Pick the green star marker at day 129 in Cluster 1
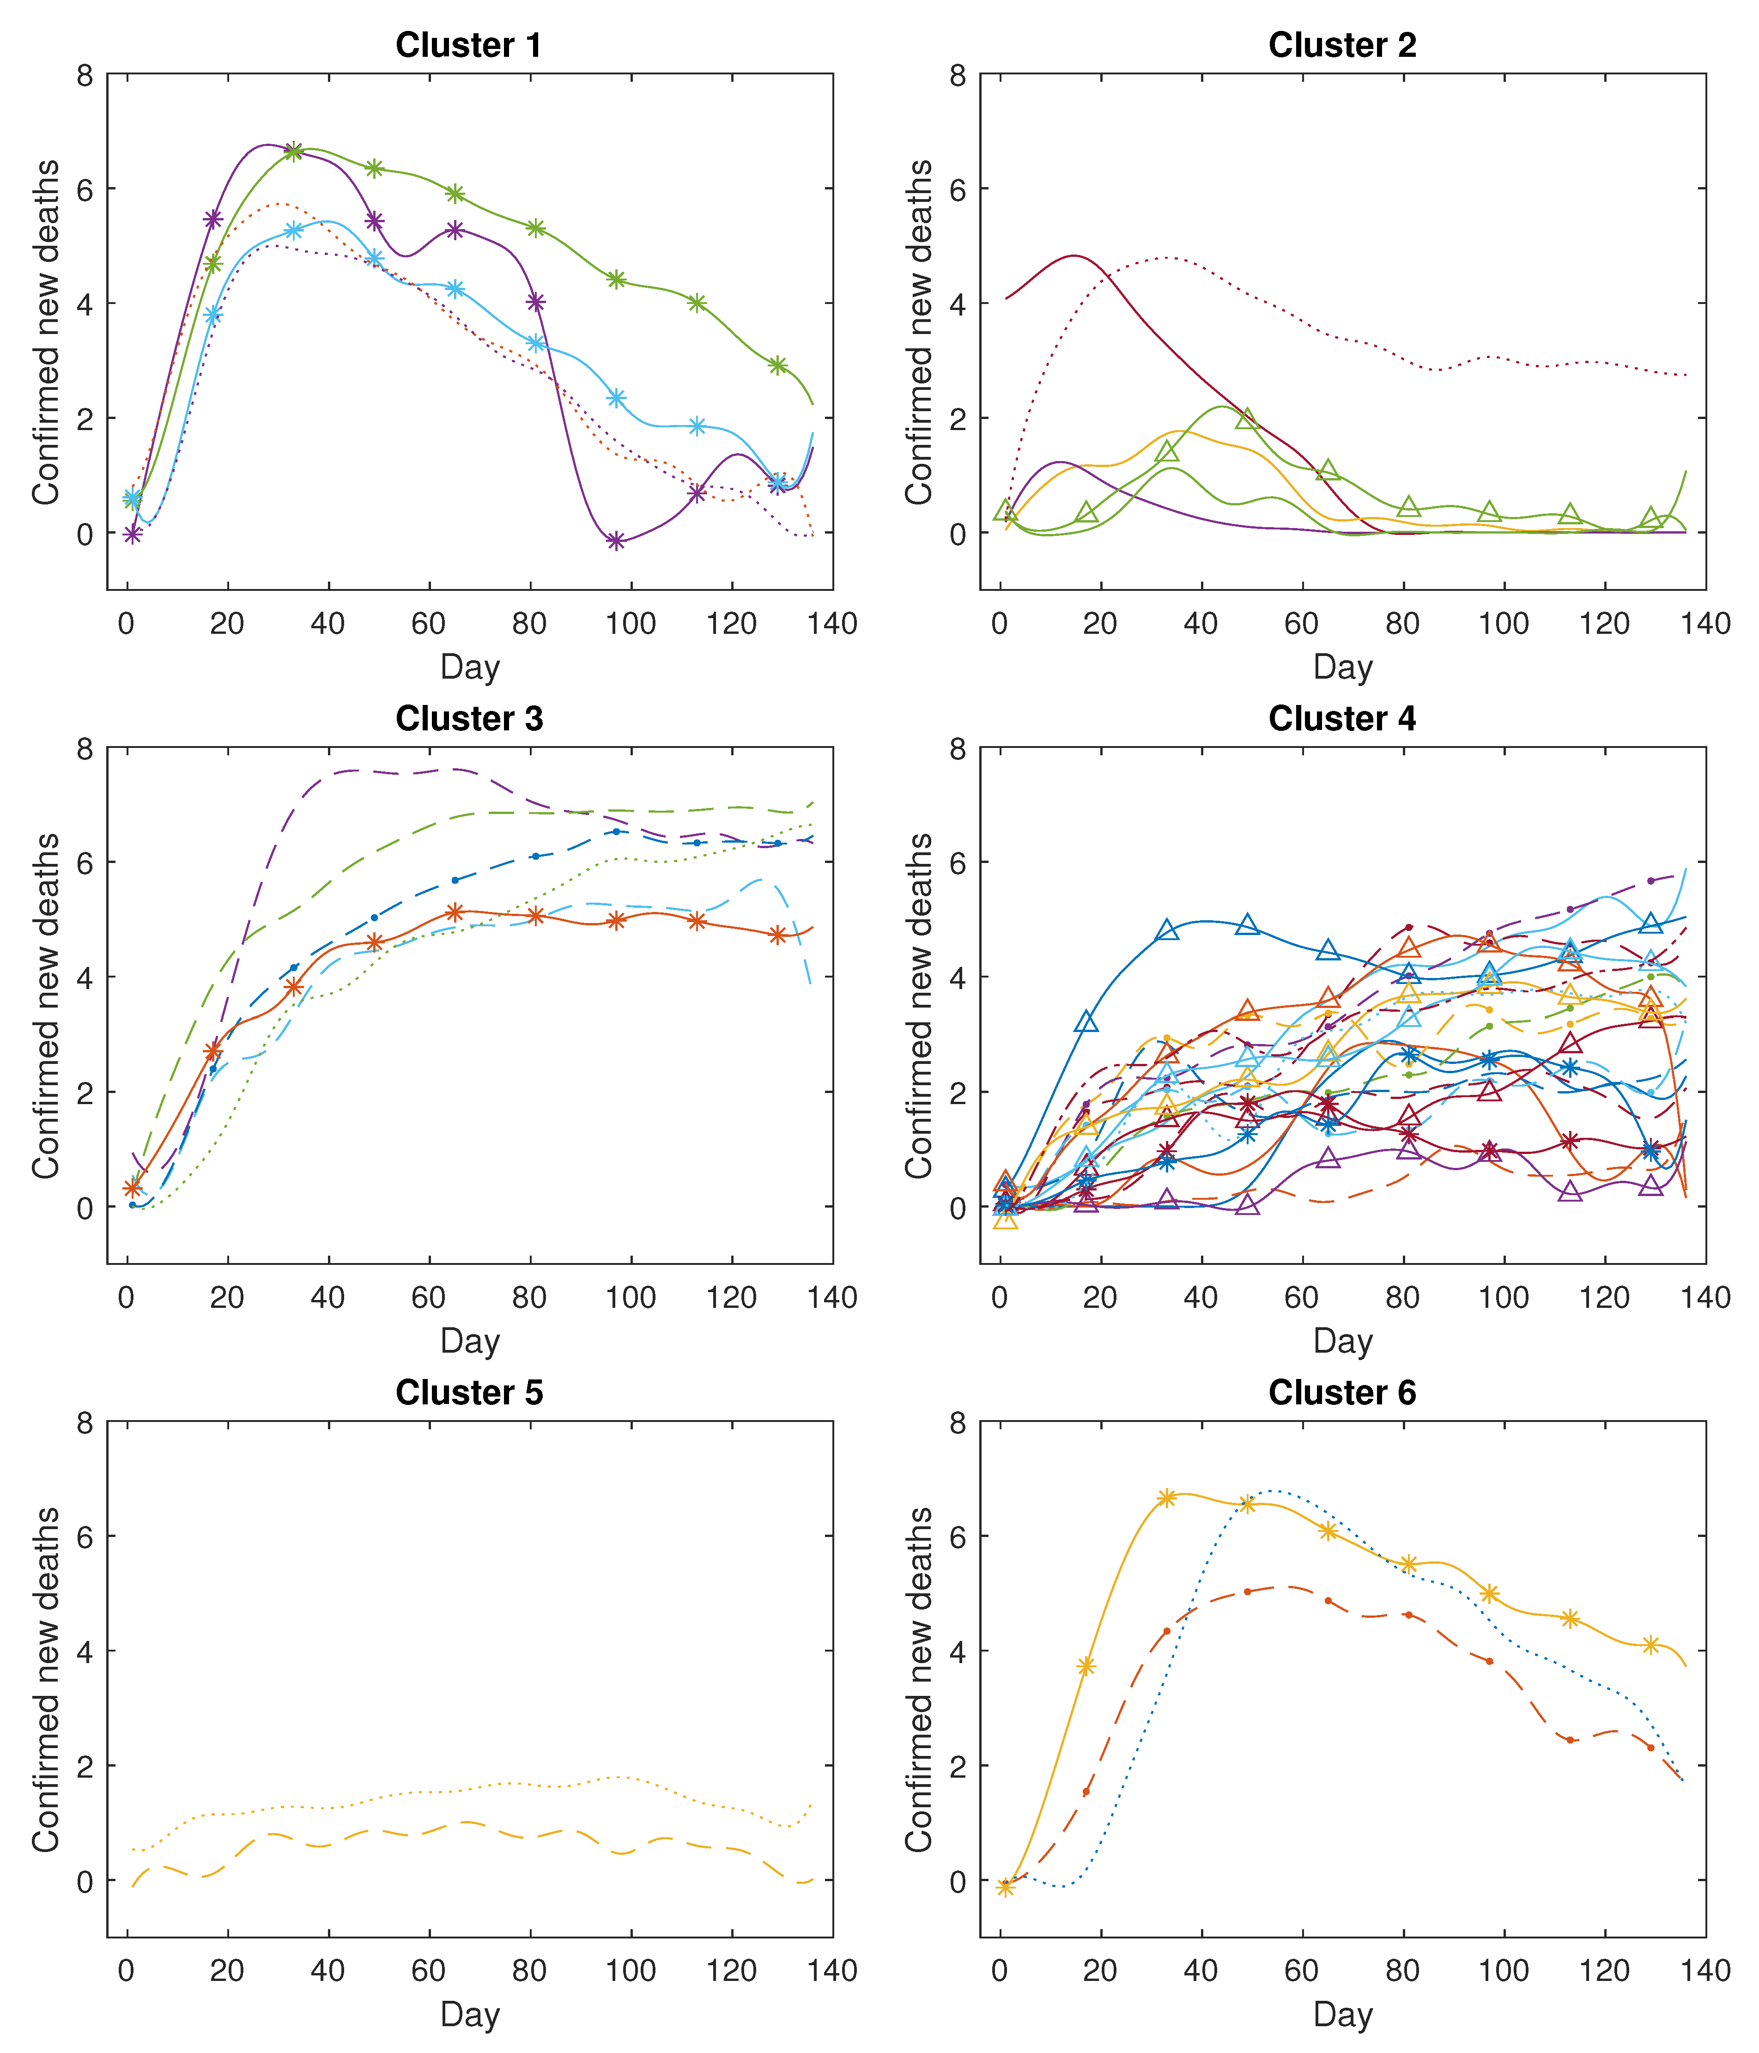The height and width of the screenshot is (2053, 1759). coord(778,365)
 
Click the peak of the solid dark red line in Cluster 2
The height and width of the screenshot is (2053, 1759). coord(1074,257)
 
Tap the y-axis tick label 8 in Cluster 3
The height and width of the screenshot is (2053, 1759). coord(85,749)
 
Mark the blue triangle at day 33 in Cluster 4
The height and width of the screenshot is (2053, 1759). coord(1167,930)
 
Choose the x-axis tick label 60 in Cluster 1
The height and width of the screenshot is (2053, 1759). coord(429,624)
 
